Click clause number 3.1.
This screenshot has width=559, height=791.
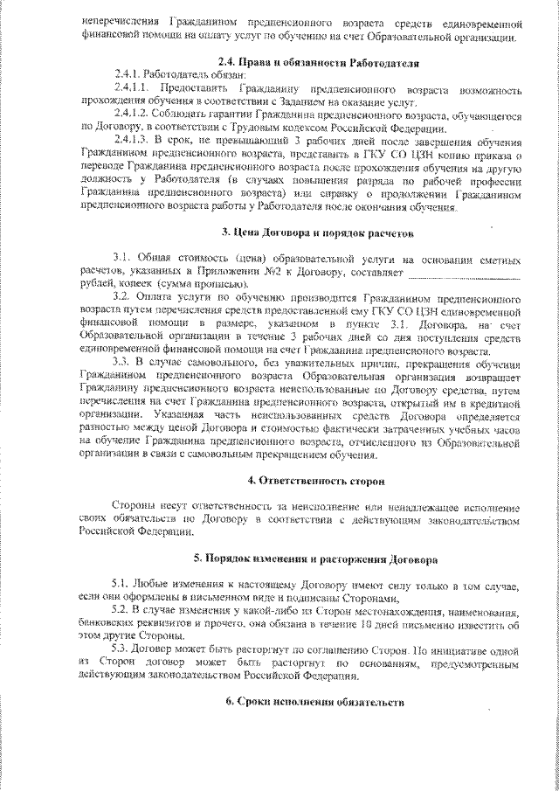[121, 260]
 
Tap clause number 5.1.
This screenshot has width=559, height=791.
[121, 583]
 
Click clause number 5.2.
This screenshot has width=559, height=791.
[121, 608]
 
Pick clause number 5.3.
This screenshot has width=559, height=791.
[121, 648]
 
